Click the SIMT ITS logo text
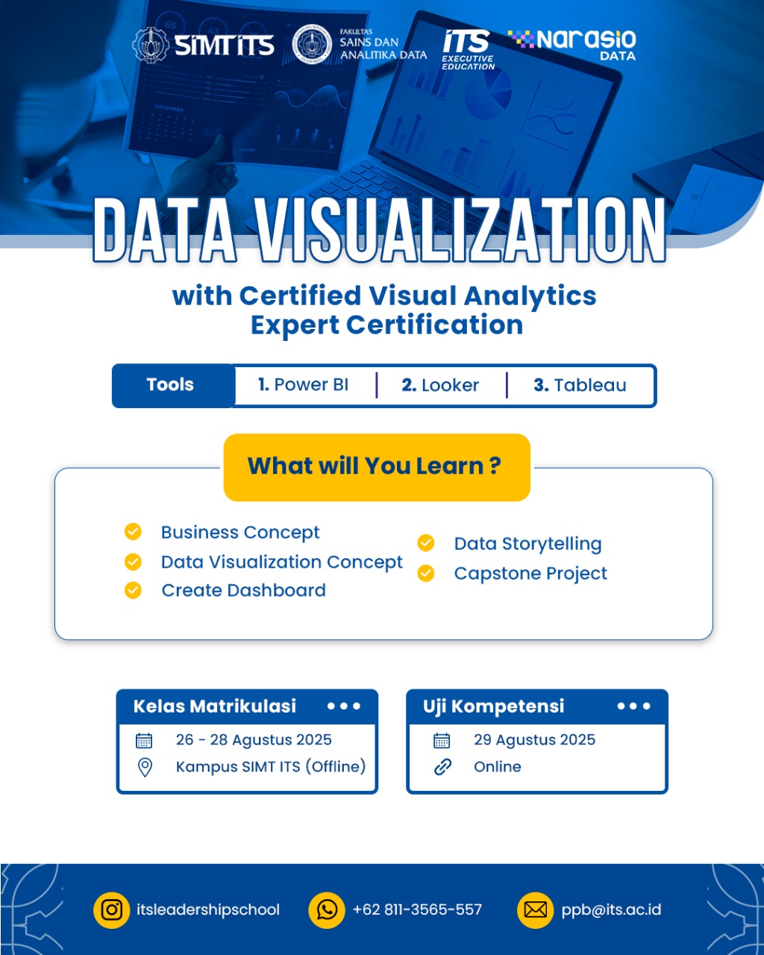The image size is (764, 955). point(224,46)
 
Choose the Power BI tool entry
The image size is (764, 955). point(303,385)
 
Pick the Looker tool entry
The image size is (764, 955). point(440,385)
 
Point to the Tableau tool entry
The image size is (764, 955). point(580,385)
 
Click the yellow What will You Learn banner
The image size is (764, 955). point(377,467)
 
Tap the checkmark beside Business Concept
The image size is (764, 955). point(133,532)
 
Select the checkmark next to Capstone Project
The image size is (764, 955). point(425,573)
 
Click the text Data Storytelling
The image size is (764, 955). point(527,544)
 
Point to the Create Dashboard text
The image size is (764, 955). point(244,591)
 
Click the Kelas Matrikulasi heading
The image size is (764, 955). point(215,707)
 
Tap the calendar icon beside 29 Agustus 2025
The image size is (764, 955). point(441,741)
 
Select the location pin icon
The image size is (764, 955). point(145,767)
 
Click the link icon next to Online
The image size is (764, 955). point(442,767)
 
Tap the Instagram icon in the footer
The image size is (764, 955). point(111,910)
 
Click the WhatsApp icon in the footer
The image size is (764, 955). point(327,910)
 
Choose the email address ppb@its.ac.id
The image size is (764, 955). point(611,909)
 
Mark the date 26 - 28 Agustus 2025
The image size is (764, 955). point(254,740)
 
